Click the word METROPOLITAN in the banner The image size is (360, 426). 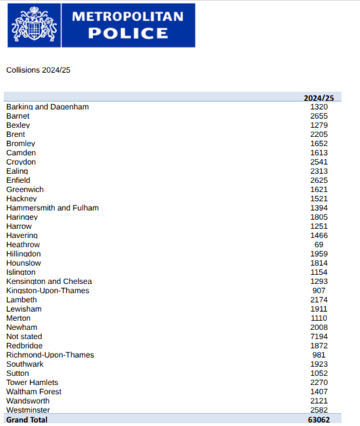127,16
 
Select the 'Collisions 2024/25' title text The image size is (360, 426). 38,70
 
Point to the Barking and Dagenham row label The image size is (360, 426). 47,107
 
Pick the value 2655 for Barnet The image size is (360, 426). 319,116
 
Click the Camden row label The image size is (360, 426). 21,153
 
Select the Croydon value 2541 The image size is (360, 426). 319,162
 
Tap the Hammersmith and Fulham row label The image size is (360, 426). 52,208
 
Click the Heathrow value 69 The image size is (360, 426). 319,245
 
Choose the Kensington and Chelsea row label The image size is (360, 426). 49,282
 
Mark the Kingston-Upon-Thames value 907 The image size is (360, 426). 319,291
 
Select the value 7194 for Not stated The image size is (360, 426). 319,337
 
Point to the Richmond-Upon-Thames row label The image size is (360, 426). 50,355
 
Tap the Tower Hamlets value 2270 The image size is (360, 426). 319,383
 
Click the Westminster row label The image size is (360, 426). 28,410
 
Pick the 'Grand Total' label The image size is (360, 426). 27,419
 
